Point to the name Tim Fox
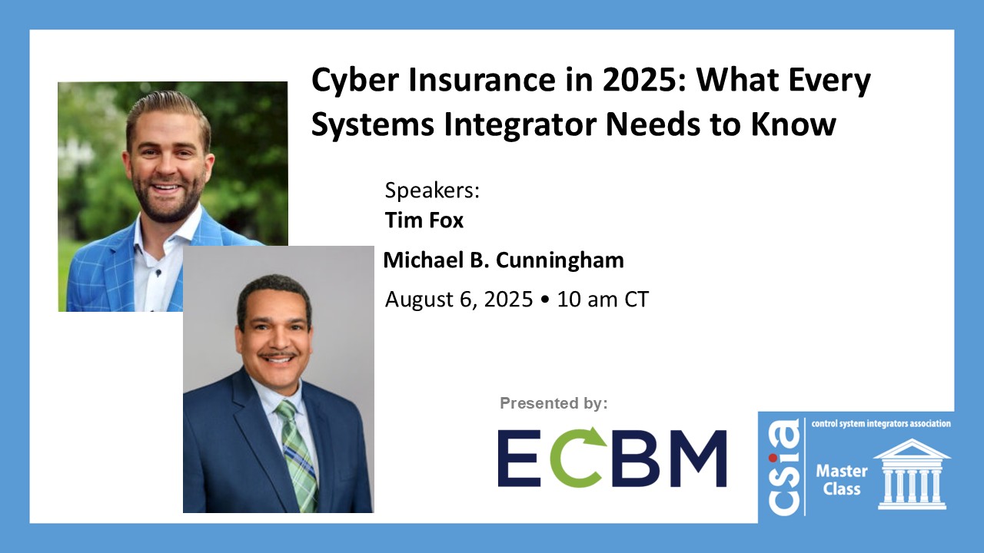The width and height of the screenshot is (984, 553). tap(424, 221)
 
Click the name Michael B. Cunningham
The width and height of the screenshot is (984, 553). tap(504, 260)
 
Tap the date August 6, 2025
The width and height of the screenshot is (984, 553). tap(458, 299)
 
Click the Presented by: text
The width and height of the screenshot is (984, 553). tap(553, 402)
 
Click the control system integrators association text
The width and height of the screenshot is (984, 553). tap(881, 423)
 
